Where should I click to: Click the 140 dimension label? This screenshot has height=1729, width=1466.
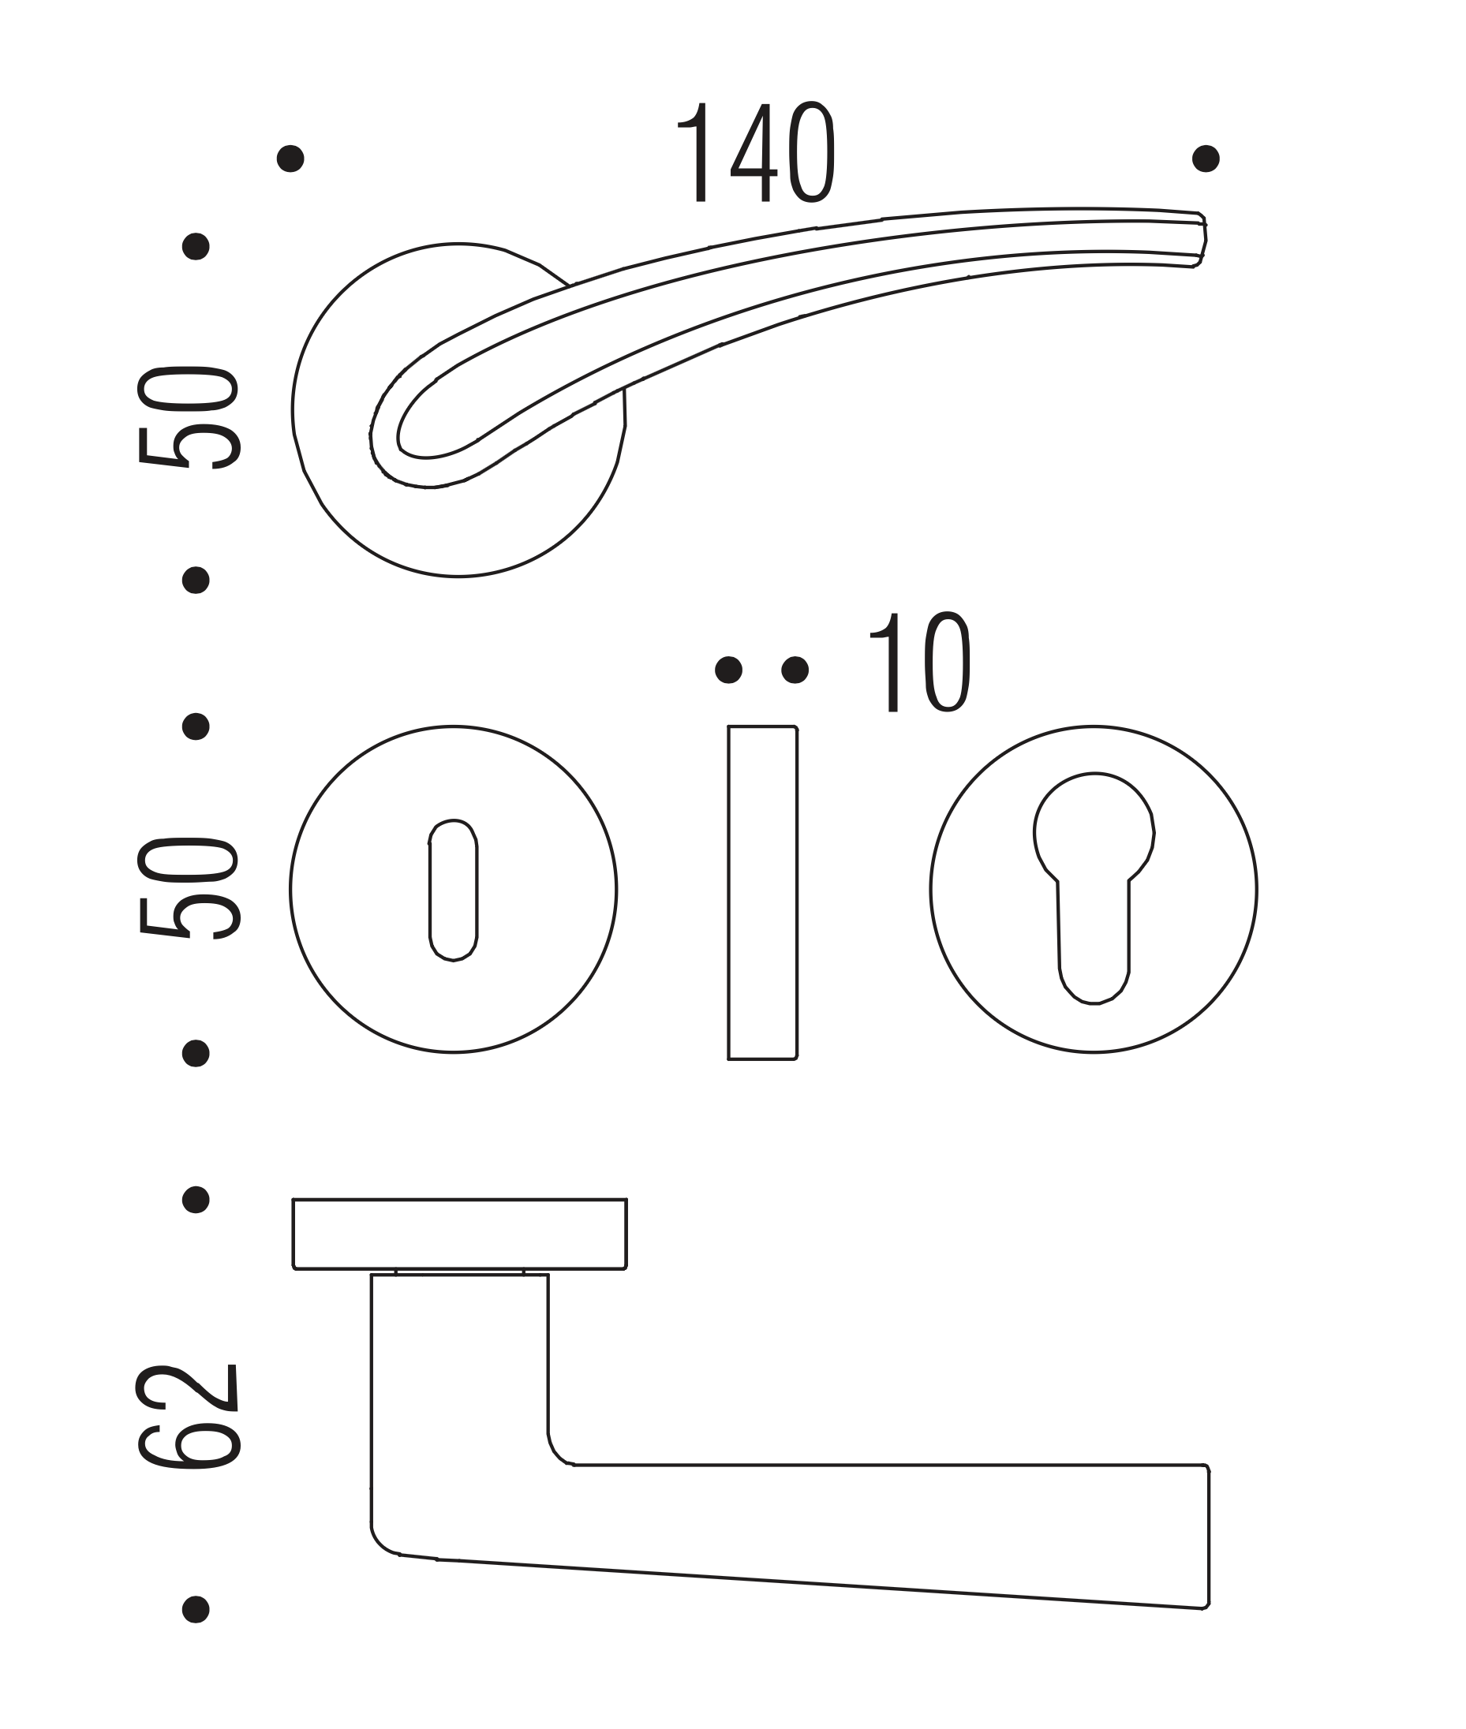(x=755, y=153)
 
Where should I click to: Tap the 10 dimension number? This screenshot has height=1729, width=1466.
(x=920, y=663)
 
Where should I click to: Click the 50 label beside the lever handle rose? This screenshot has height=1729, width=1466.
(x=189, y=418)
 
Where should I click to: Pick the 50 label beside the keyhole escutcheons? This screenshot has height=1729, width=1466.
(x=189, y=888)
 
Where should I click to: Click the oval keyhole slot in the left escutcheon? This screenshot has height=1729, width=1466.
(x=453, y=890)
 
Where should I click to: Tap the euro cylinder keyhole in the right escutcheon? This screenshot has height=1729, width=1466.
(x=1094, y=888)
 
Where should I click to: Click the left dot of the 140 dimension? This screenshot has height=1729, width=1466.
(x=290, y=158)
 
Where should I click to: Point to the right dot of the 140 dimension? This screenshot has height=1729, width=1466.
(x=1206, y=158)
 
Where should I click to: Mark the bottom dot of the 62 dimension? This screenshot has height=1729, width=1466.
(x=196, y=1609)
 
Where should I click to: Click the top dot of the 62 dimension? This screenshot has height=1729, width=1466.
(x=196, y=1200)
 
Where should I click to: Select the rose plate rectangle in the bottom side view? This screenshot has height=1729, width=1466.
(x=459, y=1234)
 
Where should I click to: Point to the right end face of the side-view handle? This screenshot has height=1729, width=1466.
(x=1208, y=1537)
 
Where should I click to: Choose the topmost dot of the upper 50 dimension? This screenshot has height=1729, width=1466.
(x=196, y=246)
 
